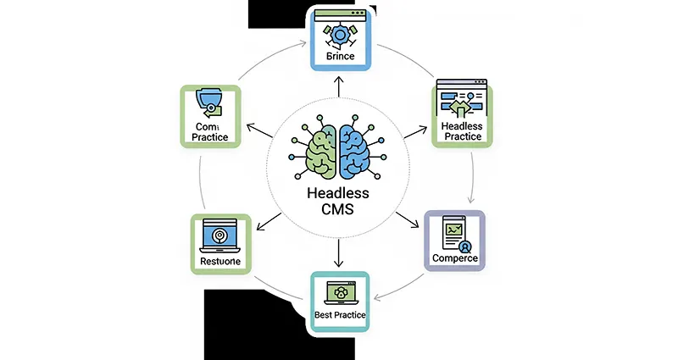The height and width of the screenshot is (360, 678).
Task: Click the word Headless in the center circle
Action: (x=339, y=194)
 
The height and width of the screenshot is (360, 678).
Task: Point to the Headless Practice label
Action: (x=462, y=132)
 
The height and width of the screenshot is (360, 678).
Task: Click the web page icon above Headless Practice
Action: (x=462, y=100)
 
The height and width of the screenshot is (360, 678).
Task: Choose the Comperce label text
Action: (x=454, y=258)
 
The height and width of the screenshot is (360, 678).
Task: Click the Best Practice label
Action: (x=339, y=315)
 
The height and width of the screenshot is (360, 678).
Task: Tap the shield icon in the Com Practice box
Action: (x=208, y=102)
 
